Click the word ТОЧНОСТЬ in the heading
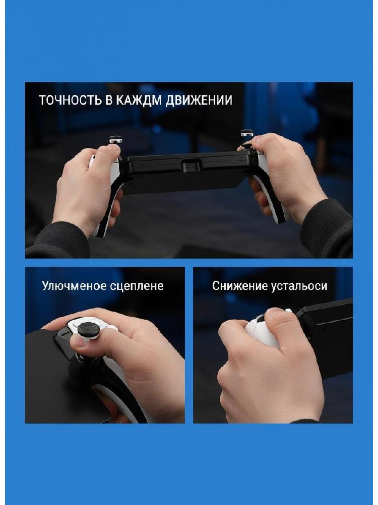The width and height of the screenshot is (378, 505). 70,100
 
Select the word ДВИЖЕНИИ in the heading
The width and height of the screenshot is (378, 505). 199,100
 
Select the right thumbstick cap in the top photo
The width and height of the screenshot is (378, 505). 247,133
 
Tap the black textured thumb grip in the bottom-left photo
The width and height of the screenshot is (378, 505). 89,327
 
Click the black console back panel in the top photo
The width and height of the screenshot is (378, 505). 186,173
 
